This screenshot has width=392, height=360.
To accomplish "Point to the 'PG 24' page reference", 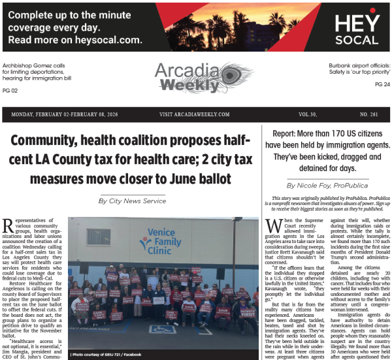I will [382, 84].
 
